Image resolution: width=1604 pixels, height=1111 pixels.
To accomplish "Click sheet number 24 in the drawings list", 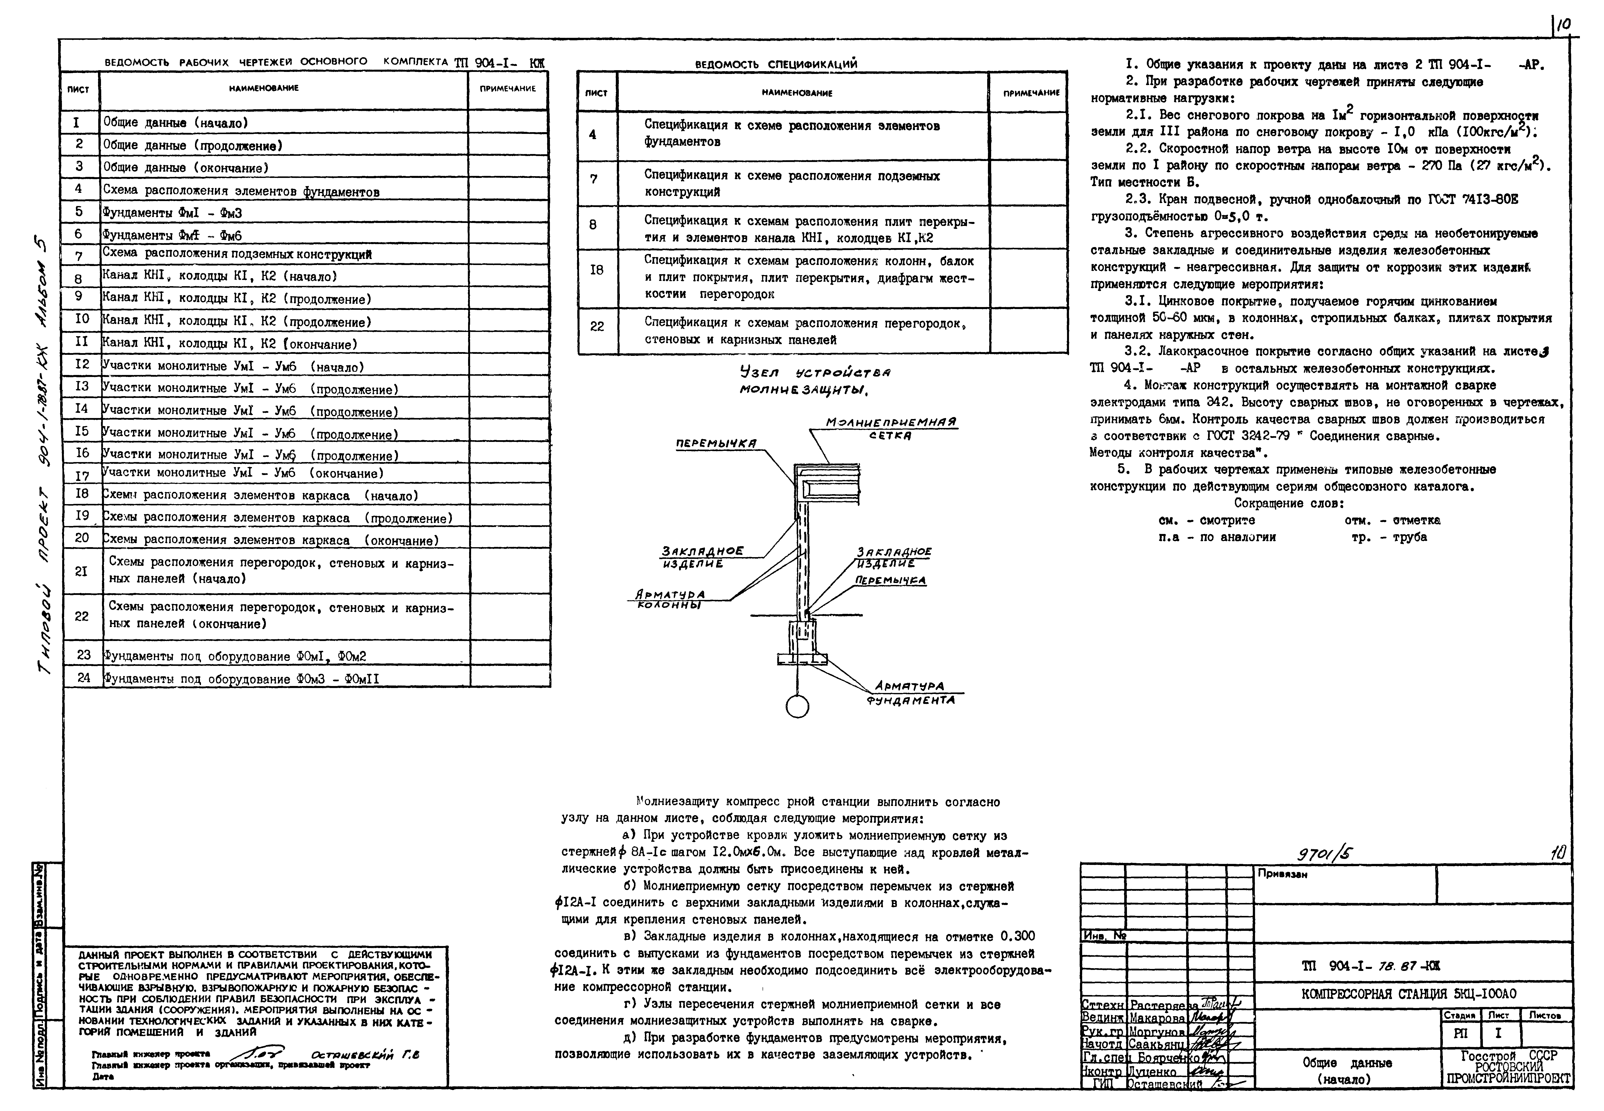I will point(84,677).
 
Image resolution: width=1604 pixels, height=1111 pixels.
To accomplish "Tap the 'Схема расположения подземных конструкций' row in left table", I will point(237,255).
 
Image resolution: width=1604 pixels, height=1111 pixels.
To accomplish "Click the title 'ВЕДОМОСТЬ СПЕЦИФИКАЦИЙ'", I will point(776,64).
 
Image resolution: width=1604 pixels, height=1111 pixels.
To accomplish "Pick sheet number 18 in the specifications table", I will point(596,270).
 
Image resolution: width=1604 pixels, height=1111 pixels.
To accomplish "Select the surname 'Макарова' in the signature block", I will point(1157,1018).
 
